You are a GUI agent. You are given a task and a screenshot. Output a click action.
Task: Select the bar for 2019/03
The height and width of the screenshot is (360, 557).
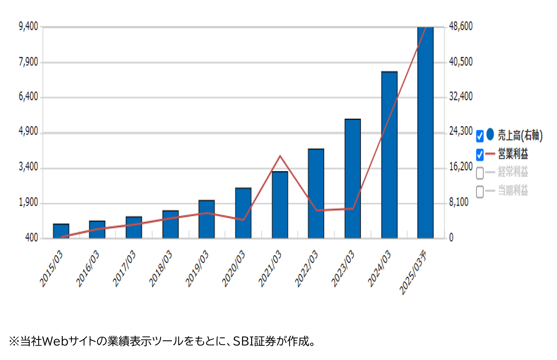(207, 219)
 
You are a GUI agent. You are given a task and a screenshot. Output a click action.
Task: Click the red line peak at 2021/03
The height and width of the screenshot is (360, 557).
(280, 156)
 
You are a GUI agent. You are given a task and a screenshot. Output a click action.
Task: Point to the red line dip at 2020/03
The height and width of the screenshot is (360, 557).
(243, 220)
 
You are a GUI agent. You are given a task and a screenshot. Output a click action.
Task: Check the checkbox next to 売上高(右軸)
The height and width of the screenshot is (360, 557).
(480, 136)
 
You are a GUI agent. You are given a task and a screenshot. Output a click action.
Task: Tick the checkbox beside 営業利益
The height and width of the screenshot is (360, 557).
(480, 155)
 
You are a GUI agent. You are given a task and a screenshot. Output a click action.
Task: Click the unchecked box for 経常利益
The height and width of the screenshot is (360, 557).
(480, 173)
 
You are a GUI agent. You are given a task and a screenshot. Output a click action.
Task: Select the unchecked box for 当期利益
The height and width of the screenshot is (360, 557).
(480, 192)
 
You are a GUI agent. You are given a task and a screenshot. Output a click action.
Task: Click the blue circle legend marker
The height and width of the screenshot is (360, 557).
(490, 134)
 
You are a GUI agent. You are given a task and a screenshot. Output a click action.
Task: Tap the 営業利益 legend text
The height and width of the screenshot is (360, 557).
(513, 154)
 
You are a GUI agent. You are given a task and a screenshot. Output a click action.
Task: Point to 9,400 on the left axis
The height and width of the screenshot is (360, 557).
(28, 27)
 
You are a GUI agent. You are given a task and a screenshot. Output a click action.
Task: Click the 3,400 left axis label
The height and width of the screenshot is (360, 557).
(28, 167)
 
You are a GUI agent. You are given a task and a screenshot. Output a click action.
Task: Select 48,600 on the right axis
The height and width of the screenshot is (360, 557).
(461, 26)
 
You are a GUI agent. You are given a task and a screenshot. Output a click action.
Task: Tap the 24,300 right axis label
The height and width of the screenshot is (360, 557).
(461, 131)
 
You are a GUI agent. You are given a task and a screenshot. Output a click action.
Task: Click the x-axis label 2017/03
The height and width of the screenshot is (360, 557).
(124, 268)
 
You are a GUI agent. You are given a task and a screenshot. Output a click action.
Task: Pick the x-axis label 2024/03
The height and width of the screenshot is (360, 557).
(379, 268)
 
